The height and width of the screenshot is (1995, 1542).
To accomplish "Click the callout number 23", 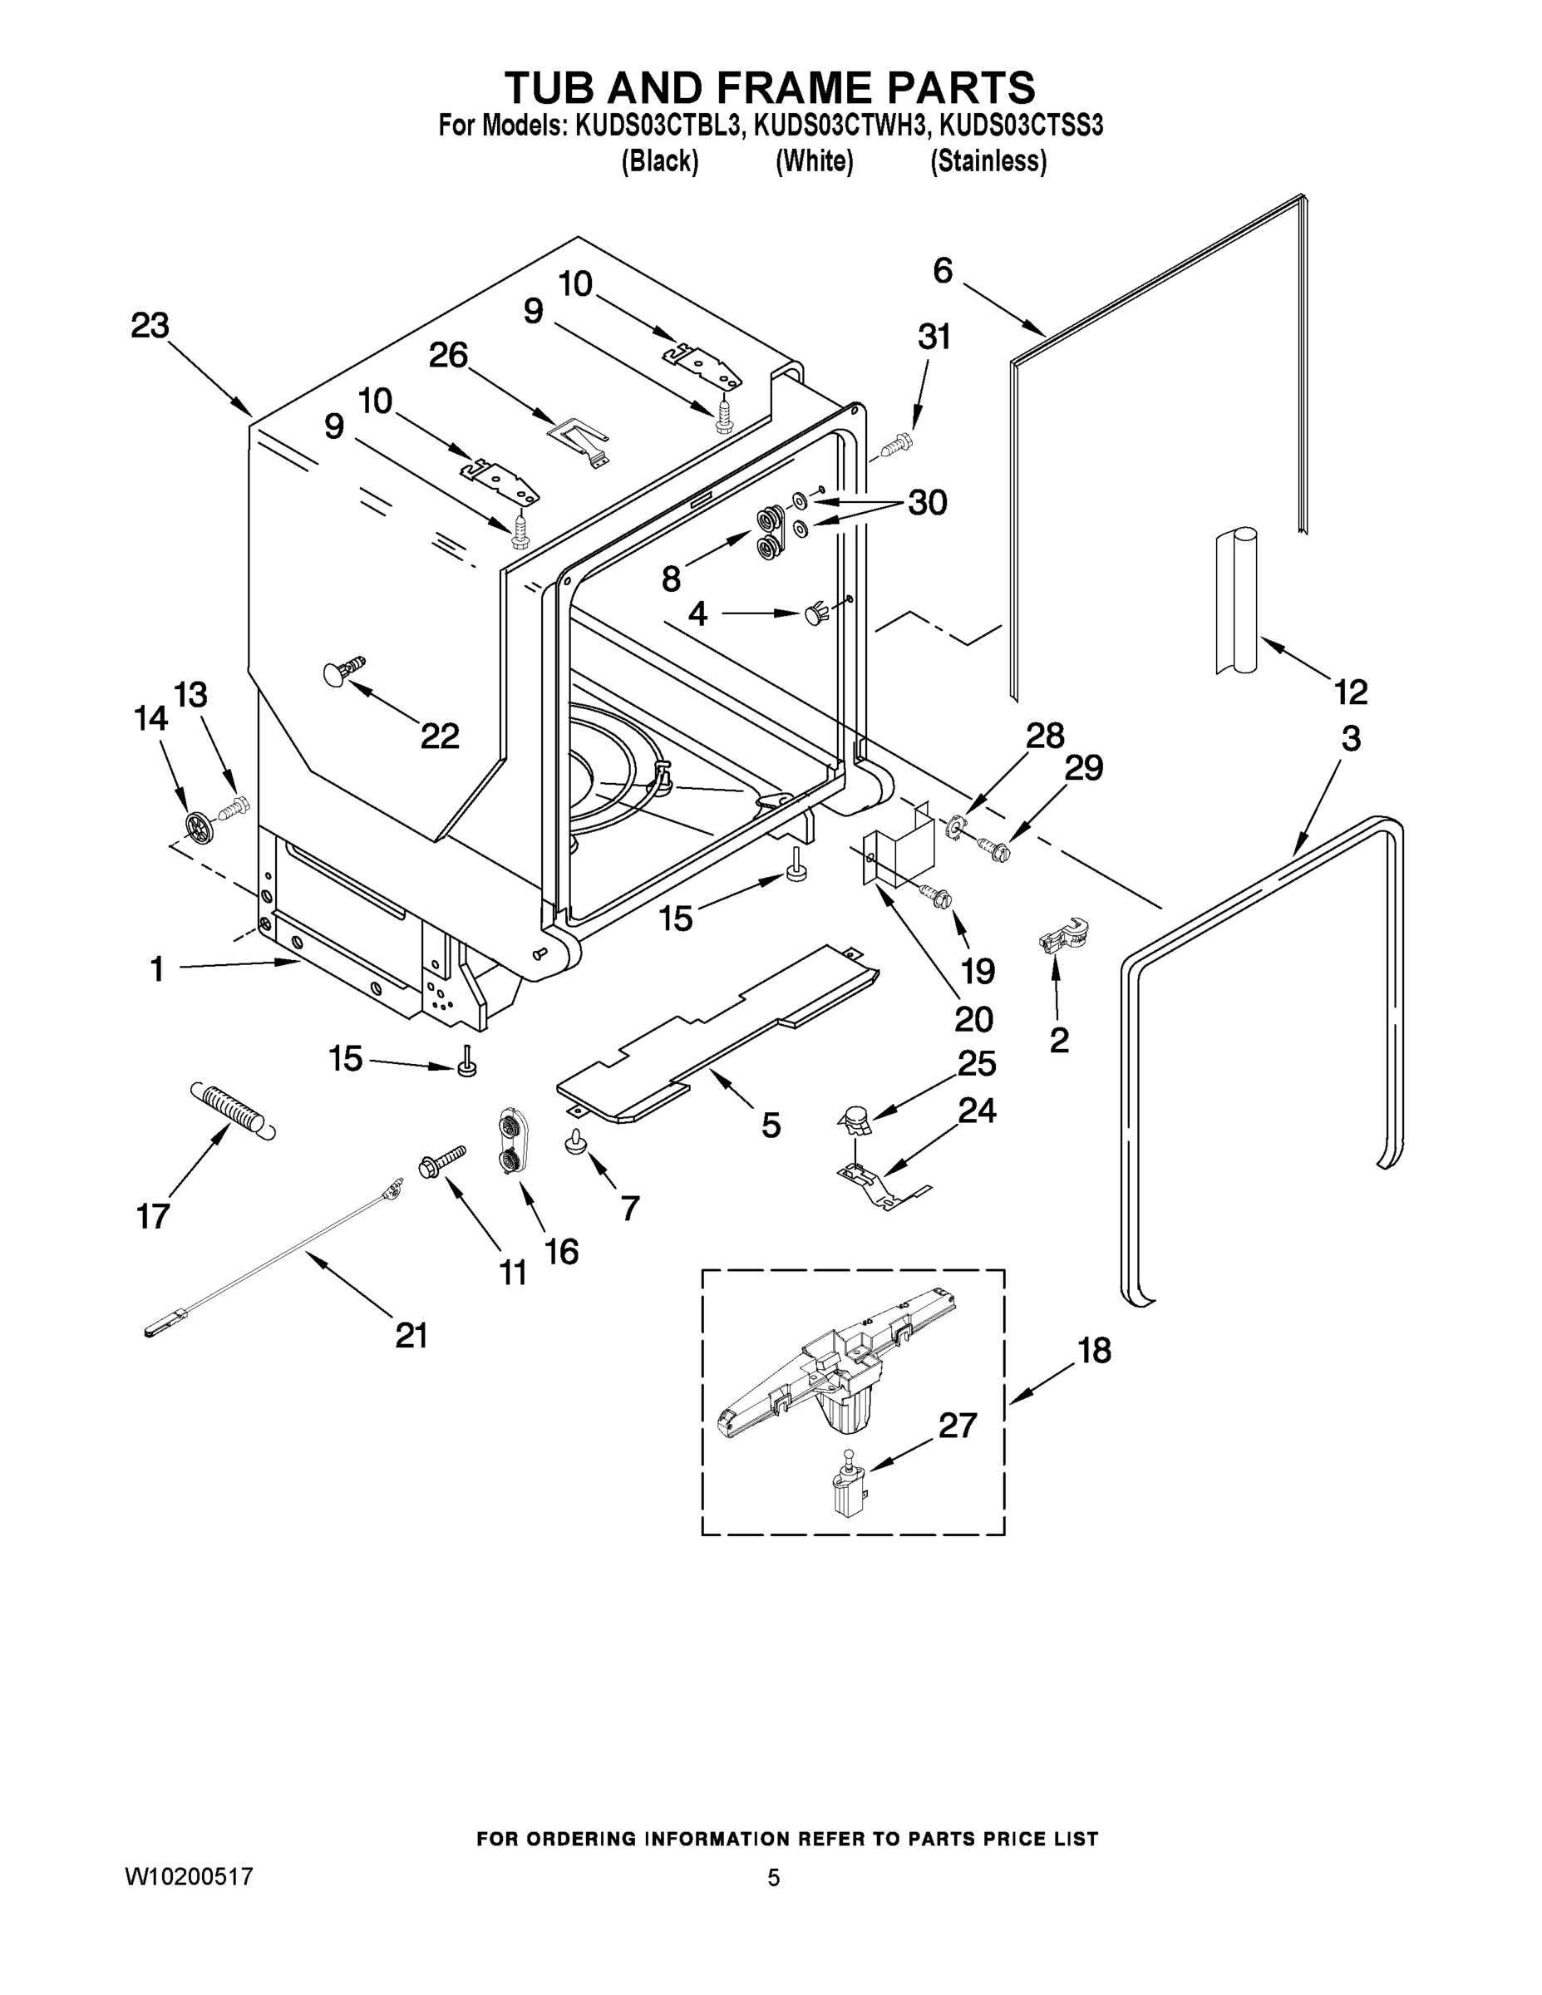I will [x=150, y=325].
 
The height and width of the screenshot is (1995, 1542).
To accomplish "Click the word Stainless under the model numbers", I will [x=988, y=162].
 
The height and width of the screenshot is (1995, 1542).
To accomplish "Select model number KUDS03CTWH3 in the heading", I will [x=839, y=126].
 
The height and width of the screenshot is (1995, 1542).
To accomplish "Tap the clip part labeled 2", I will [x=1062, y=938].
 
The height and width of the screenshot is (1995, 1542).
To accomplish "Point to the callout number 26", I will [x=449, y=354].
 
